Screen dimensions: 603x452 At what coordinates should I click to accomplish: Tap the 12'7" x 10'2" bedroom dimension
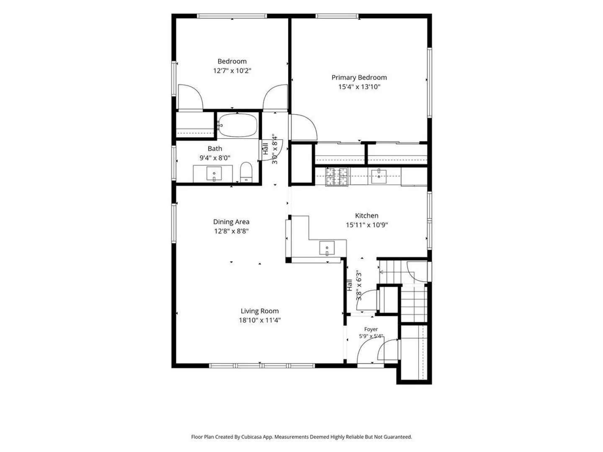pyautogui.click(x=232, y=71)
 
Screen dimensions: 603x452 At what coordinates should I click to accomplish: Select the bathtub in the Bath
pyautogui.click(x=238, y=125)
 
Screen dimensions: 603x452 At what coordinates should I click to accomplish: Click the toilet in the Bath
pyautogui.click(x=246, y=172)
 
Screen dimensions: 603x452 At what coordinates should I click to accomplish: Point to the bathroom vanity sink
pyautogui.click(x=214, y=173)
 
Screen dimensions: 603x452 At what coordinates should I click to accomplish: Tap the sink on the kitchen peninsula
pyautogui.click(x=327, y=248)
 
